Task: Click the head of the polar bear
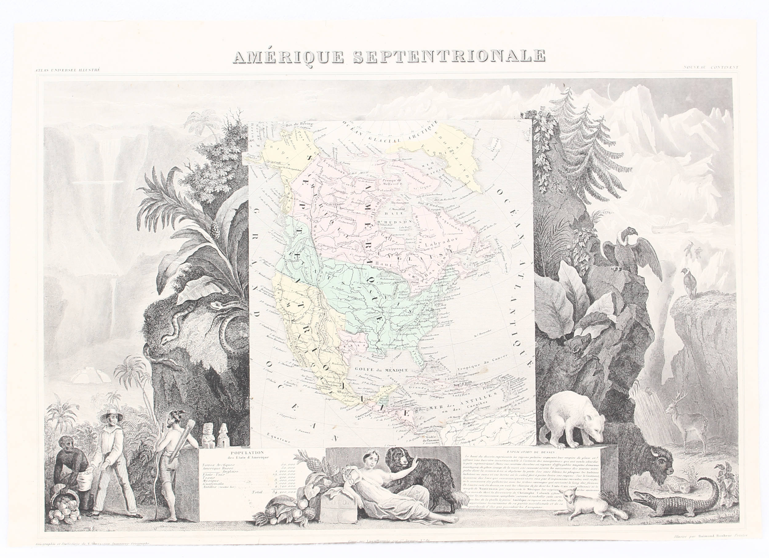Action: point(593,431)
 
